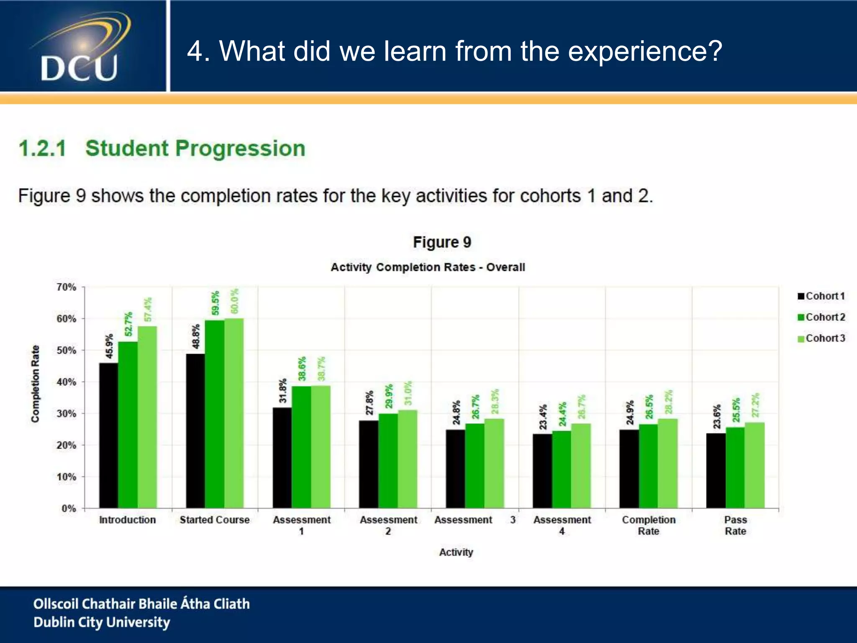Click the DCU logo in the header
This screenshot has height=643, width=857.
pyautogui.click(x=80, y=48)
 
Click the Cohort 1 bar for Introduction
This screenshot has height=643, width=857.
pyautogui.click(x=108, y=435)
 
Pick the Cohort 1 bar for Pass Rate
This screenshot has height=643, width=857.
pyautogui.click(x=716, y=471)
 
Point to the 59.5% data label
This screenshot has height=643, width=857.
pyautogui.click(x=215, y=303)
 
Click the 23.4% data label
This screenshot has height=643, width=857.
pyautogui.click(x=543, y=417)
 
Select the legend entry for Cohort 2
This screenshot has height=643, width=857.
pyautogui.click(x=821, y=317)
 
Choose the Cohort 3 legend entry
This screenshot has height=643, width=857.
pyautogui.click(x=821, y=338)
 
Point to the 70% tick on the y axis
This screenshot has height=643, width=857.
pyautogui.click(x=67, y=287)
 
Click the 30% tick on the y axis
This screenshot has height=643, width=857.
pyautogui.click(x=67, y=414)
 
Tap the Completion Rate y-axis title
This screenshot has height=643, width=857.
pyautogui.click(x=36, y=383)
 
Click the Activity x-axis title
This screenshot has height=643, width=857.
pyautogui.click(x=456, y=552)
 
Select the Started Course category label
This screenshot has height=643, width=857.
pyautogui.click(x=214, y=520)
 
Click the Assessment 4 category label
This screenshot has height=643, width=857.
pyautogui.click(x=562, y=525)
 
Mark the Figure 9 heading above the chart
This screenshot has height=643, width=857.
pyautogui.click(x=442, y=242)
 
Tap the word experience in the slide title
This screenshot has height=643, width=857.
pyautogui.click(x=645, y=51)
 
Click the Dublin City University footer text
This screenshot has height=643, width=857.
pyautogui.click(x=102, y=622)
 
